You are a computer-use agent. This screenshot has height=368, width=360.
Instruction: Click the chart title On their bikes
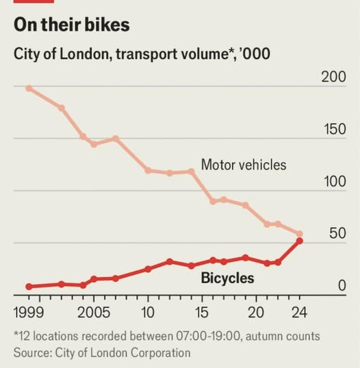coord(72,25)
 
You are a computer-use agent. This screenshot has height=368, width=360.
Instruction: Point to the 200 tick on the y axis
coord(333,76)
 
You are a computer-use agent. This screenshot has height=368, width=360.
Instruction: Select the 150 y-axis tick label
coord(333,129)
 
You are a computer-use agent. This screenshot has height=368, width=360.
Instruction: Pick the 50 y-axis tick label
coord(337,234)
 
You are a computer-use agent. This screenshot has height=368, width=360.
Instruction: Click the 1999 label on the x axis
coord(29,313)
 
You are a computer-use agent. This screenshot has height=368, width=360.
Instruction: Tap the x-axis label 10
coord(147,313)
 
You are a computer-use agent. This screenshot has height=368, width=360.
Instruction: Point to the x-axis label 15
coord(202,313)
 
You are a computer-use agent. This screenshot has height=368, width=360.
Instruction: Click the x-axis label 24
coord(299,313)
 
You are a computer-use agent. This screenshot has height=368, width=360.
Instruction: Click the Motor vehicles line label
coord(243,165)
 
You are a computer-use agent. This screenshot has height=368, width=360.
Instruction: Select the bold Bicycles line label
coord(227,278)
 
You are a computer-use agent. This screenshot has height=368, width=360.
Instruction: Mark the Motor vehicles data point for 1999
coord(29,88)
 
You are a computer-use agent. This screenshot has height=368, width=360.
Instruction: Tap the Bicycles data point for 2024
coord(299,241)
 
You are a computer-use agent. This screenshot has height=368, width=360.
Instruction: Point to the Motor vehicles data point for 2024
coord(299,234)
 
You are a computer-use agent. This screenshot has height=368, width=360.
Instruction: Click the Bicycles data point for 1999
coord(29,287)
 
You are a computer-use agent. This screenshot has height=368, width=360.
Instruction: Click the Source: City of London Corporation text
coord(102,352)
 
